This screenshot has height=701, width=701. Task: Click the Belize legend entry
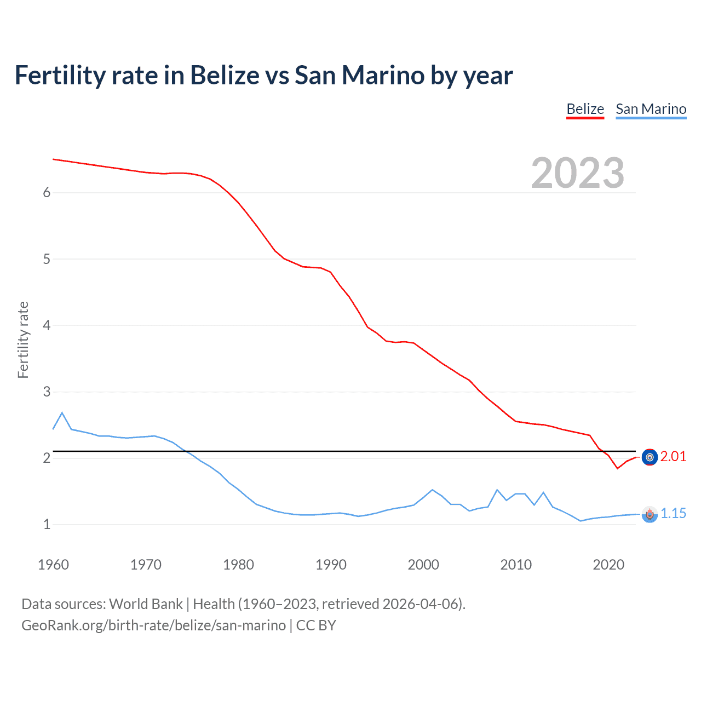(x=585, y=109)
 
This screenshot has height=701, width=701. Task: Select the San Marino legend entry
(x=651, y=109)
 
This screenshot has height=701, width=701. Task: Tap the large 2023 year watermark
(x=577, y=173)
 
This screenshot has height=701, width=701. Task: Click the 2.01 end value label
(x=673, y=457)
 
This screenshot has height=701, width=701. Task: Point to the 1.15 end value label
(x=673, y=514)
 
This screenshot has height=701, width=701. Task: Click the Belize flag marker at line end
(x=650, y=457)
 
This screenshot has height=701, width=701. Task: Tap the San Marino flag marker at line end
(x=650, y=514)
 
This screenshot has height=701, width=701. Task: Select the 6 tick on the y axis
(x=47, y=193)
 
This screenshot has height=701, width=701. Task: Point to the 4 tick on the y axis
(x=47, y=326)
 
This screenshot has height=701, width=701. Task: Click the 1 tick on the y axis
(x=47, y=525)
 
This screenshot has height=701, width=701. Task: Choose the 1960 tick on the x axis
(x=53, y=565)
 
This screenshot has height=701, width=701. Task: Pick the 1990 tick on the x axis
(x=331, y=565)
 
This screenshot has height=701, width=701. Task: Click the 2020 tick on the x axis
(x=608, y=565)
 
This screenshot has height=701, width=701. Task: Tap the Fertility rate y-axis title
(x=23, y=340)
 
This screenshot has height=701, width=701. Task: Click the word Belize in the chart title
(x=225, y=75)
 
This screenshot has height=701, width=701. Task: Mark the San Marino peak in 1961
(x=62, y=412)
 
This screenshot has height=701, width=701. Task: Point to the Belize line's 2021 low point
(x=617, y=468)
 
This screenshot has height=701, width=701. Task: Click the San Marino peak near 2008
(x=497, y=490)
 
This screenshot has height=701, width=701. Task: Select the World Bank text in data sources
(x=146, y=604)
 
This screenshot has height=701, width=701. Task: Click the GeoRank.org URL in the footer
(x=153, y=625)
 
